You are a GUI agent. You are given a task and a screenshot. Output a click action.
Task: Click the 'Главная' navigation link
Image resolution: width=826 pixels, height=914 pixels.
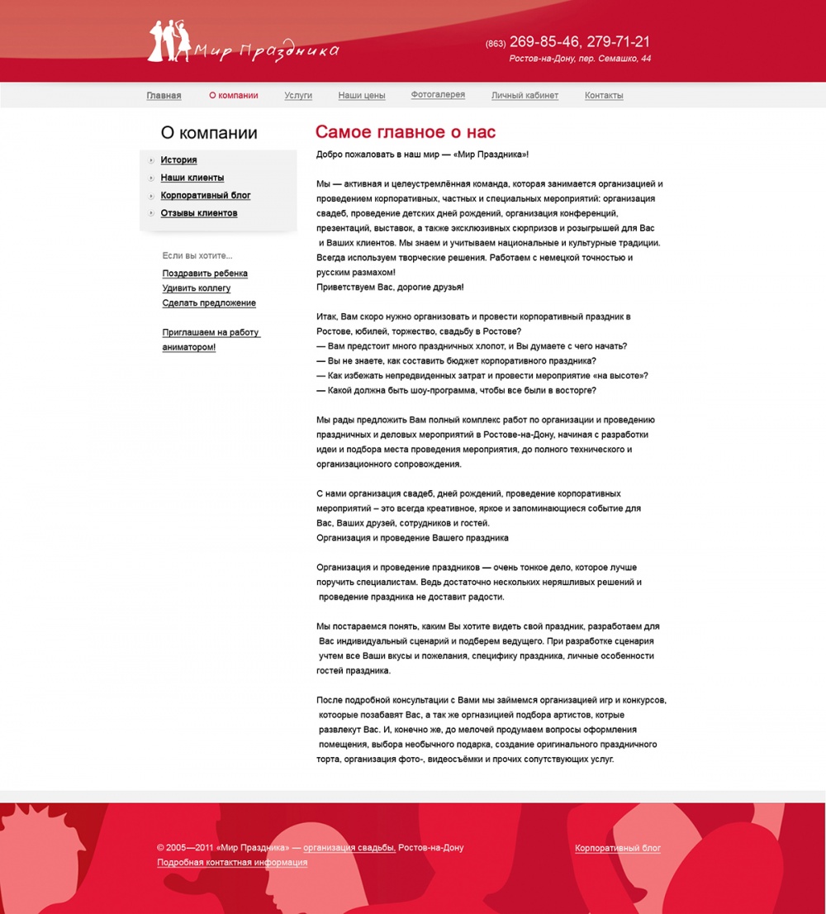pyautogui.click(x=164, y=96)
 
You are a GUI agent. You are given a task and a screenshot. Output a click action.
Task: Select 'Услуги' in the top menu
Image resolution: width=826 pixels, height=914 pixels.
pyautogui.click(x=298, y=96)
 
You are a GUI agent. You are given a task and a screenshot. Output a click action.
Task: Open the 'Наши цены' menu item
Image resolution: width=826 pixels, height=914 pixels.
pyautogui.click(x=362, y=96)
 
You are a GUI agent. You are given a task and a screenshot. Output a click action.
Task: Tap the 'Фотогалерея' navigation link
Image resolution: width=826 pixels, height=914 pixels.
pyautogui.click(x=438, y=95)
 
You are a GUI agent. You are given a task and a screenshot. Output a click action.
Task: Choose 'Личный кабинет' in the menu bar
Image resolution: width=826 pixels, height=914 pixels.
pyautogui.click(x=525, y=96)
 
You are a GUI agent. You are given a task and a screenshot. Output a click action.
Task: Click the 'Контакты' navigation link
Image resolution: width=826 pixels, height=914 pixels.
pyautogui.click(x=604, y=96)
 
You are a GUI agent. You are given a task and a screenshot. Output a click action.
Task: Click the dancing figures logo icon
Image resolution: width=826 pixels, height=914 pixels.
pyautogui.click(x=169, y=41)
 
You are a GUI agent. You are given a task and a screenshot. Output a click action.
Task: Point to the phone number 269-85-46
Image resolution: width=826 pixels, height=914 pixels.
pyautogui.click(x=544, y=42)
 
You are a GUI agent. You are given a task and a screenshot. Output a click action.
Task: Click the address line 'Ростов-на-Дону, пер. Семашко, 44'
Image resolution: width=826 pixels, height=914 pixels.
pyautogui.click(x=580, y=59)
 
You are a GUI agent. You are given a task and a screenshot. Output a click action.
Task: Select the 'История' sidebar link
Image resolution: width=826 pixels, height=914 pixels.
pyautogui.click(x=178, y=160)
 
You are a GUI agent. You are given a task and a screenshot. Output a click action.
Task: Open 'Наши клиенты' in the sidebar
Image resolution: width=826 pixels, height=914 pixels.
pyautogui.click(x=192, y=178)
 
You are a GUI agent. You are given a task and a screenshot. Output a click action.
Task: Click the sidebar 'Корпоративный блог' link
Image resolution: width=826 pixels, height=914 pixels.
pyautogui.click(x=206, y=196)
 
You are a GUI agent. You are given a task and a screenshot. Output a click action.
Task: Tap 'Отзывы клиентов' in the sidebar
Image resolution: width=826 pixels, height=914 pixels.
pyautogui.click(x=199, y=213)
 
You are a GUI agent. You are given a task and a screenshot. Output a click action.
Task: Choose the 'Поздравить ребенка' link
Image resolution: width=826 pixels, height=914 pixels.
pyautogui.click(x=205, y=274)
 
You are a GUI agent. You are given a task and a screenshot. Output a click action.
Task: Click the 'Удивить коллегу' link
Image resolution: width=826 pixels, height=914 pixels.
pyautogui.click(x=197, y=288)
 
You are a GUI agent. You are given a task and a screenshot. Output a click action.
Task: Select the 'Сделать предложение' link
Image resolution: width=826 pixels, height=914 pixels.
pyautogui.click(x=209, y=303)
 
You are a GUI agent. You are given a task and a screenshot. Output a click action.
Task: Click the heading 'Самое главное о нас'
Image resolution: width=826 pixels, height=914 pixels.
pyautogui.click(x=406, y=132)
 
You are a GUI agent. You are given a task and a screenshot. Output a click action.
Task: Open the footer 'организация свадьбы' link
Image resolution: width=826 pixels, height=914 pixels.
pyautogui.click(x=349, y=848)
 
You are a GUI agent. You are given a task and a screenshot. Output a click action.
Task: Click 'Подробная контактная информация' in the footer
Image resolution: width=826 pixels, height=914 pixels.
pyautogui.click(x=232, y=863)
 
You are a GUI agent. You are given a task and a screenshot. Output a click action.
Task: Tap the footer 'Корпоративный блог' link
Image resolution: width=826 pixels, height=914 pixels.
pyautogui.click(x=618, y=849)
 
